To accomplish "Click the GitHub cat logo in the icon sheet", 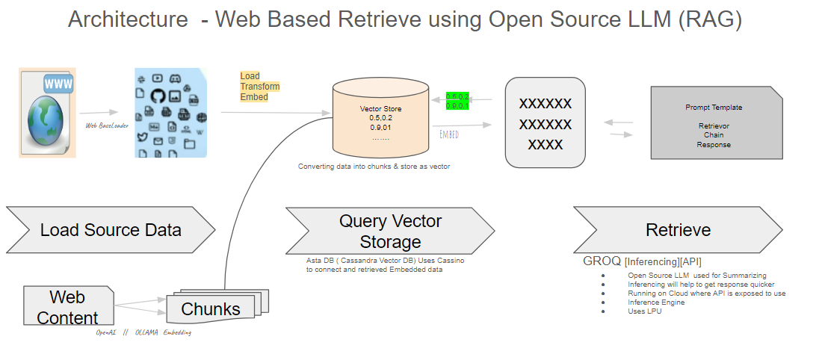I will pos(157,96).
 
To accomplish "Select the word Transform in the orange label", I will pos(259,87).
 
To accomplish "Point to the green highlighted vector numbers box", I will pos(457,101).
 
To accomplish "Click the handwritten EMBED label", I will pos(449,134).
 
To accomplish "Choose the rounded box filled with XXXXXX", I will pos(545,122).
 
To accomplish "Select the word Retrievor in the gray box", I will pos(713,126).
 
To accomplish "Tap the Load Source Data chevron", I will pos(111,230).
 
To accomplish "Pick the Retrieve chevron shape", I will pos(678,230).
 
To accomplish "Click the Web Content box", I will pos(68,307).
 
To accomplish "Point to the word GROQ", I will pos(602,262).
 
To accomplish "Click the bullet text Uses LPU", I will pos(645,311).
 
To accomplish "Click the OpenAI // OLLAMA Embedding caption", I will pos(143,332).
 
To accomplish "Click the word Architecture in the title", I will pos(128,19).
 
